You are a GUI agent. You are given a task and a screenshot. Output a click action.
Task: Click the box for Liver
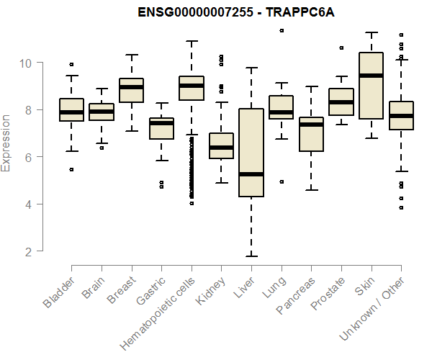coord(251,153)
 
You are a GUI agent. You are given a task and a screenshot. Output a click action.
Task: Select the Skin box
coord(371,85)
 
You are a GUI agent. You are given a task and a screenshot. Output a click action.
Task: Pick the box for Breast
coord(131,90)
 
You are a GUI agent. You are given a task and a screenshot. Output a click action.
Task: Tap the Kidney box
coord(221,145)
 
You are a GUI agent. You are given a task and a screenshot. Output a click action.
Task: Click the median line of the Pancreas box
coord(311,125)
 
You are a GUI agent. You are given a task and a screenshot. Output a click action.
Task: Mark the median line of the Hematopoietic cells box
coord(192,86)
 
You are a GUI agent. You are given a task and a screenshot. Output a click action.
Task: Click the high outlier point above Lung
coord(282,30)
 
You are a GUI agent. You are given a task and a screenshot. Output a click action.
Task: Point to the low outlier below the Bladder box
coord(71,170)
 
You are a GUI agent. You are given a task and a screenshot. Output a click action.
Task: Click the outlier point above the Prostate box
coord(341,48)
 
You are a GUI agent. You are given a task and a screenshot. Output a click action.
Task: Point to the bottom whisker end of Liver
coord(251,256)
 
